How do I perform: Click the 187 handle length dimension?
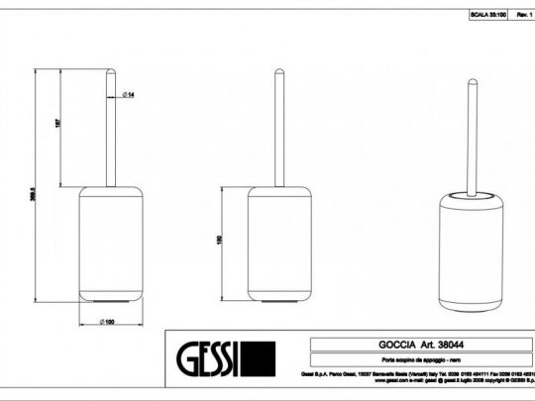pyautogui.click(x=59, y=126)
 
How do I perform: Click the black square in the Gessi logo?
pyautogui.click(x=258, y=358)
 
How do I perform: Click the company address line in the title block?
pyautogui.click(x=416, y=372)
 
